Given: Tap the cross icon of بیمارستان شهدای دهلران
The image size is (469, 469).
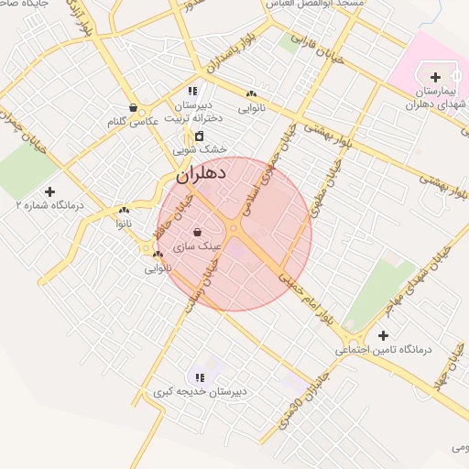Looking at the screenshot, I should coord(435,77).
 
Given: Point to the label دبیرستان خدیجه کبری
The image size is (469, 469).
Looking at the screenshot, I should coord(201,392).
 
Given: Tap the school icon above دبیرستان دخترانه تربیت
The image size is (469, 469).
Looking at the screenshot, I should coord(192,91).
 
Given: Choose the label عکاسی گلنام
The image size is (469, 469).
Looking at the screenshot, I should coord(134,120).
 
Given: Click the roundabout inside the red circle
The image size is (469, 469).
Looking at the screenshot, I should coord(234,228).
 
